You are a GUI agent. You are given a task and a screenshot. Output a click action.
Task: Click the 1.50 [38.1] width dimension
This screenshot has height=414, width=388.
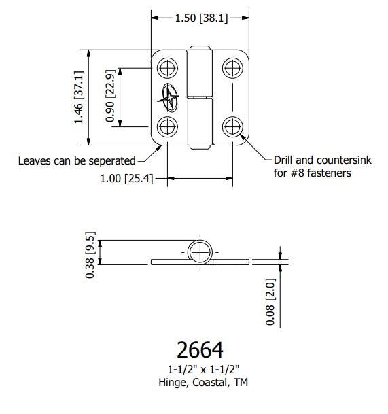pyautogui.click(x=201, y=18)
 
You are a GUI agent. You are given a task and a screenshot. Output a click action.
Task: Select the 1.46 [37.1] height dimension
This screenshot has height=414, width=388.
pyautogui.click(x=79, y=97)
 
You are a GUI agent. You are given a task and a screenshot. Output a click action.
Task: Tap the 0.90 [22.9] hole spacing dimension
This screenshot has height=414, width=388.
pyautogui.click(x=110, y=96)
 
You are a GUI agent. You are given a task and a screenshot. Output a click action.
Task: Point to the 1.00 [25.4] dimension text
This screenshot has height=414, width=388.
pyautogui.click(x=126, y=179)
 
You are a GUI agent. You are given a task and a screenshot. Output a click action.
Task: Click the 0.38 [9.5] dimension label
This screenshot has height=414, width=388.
pyautogui.click(x=90, y=255)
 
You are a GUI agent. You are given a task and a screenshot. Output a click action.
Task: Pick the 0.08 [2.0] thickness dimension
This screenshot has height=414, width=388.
pyautogui.click(x=270, y=302)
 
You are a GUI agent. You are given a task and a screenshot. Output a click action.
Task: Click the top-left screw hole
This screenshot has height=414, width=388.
pyautogui.click(x=167, y=68)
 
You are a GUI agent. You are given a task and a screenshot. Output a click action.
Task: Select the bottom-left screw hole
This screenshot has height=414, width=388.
pyautogui.click(x=167, y=126)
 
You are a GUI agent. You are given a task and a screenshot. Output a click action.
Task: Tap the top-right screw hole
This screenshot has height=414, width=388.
pyautogui.click(x=232, y=68)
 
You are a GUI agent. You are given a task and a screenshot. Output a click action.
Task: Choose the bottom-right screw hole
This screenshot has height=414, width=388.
pyautogui.click(x=232, y=126)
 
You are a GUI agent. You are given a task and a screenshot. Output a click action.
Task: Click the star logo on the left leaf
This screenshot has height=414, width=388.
pyautogui.click(x=169, y=98)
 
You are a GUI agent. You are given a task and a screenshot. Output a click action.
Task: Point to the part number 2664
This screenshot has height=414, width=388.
pyautogui.click(x=200, y=350)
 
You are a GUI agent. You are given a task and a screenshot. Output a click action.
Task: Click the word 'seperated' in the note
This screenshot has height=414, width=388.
pyautogui.click(x=112, y=161)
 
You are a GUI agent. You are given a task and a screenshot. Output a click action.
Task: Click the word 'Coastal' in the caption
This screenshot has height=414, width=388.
pyautogui.click(x=211, y=382)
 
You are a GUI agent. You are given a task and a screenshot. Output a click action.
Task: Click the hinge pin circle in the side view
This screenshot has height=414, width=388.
pyautogui.click(x=200, y=252)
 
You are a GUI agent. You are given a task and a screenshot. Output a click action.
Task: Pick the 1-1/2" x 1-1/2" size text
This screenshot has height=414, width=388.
pyautogui.click(x=203, y=369)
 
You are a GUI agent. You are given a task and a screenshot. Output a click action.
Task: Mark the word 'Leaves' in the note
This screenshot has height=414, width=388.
pyautogui.click(x=34, y=161)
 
